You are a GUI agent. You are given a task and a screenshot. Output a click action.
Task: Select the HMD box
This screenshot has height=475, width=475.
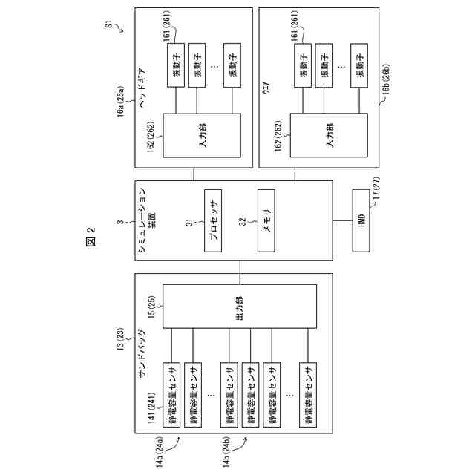click(x=363, y=220)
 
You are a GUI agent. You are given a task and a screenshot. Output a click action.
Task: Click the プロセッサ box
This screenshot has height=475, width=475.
click(x=212, y=220)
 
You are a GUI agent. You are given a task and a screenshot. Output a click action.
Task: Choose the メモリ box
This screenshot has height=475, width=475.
click(x=266, y=220)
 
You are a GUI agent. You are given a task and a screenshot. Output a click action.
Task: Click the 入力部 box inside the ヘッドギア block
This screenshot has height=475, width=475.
click(x=202, y=135)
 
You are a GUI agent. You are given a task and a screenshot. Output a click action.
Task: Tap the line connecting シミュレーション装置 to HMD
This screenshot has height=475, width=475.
click(x=343, y=220)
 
